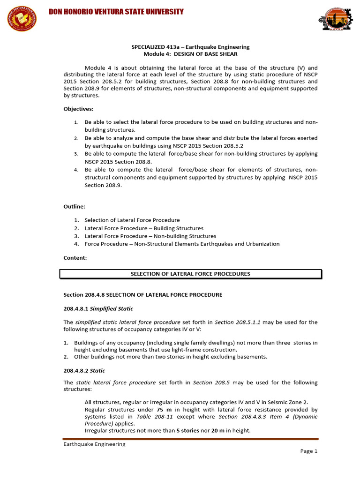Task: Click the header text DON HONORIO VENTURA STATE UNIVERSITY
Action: (116, 12)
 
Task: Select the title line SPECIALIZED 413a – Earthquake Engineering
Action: (190, 47)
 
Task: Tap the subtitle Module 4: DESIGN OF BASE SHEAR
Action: (190, 54)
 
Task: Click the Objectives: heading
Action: (79, 109)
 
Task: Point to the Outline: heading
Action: (75, 206)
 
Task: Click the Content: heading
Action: (75, 257)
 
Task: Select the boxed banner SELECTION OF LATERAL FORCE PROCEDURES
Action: (190, 274)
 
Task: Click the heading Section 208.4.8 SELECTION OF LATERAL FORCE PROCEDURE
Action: (142, 295)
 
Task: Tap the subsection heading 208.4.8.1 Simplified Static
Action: (98, 308)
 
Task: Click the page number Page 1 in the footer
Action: (309, 451)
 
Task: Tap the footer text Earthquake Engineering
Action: (94, 444)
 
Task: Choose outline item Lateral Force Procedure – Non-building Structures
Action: (150, 236)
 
